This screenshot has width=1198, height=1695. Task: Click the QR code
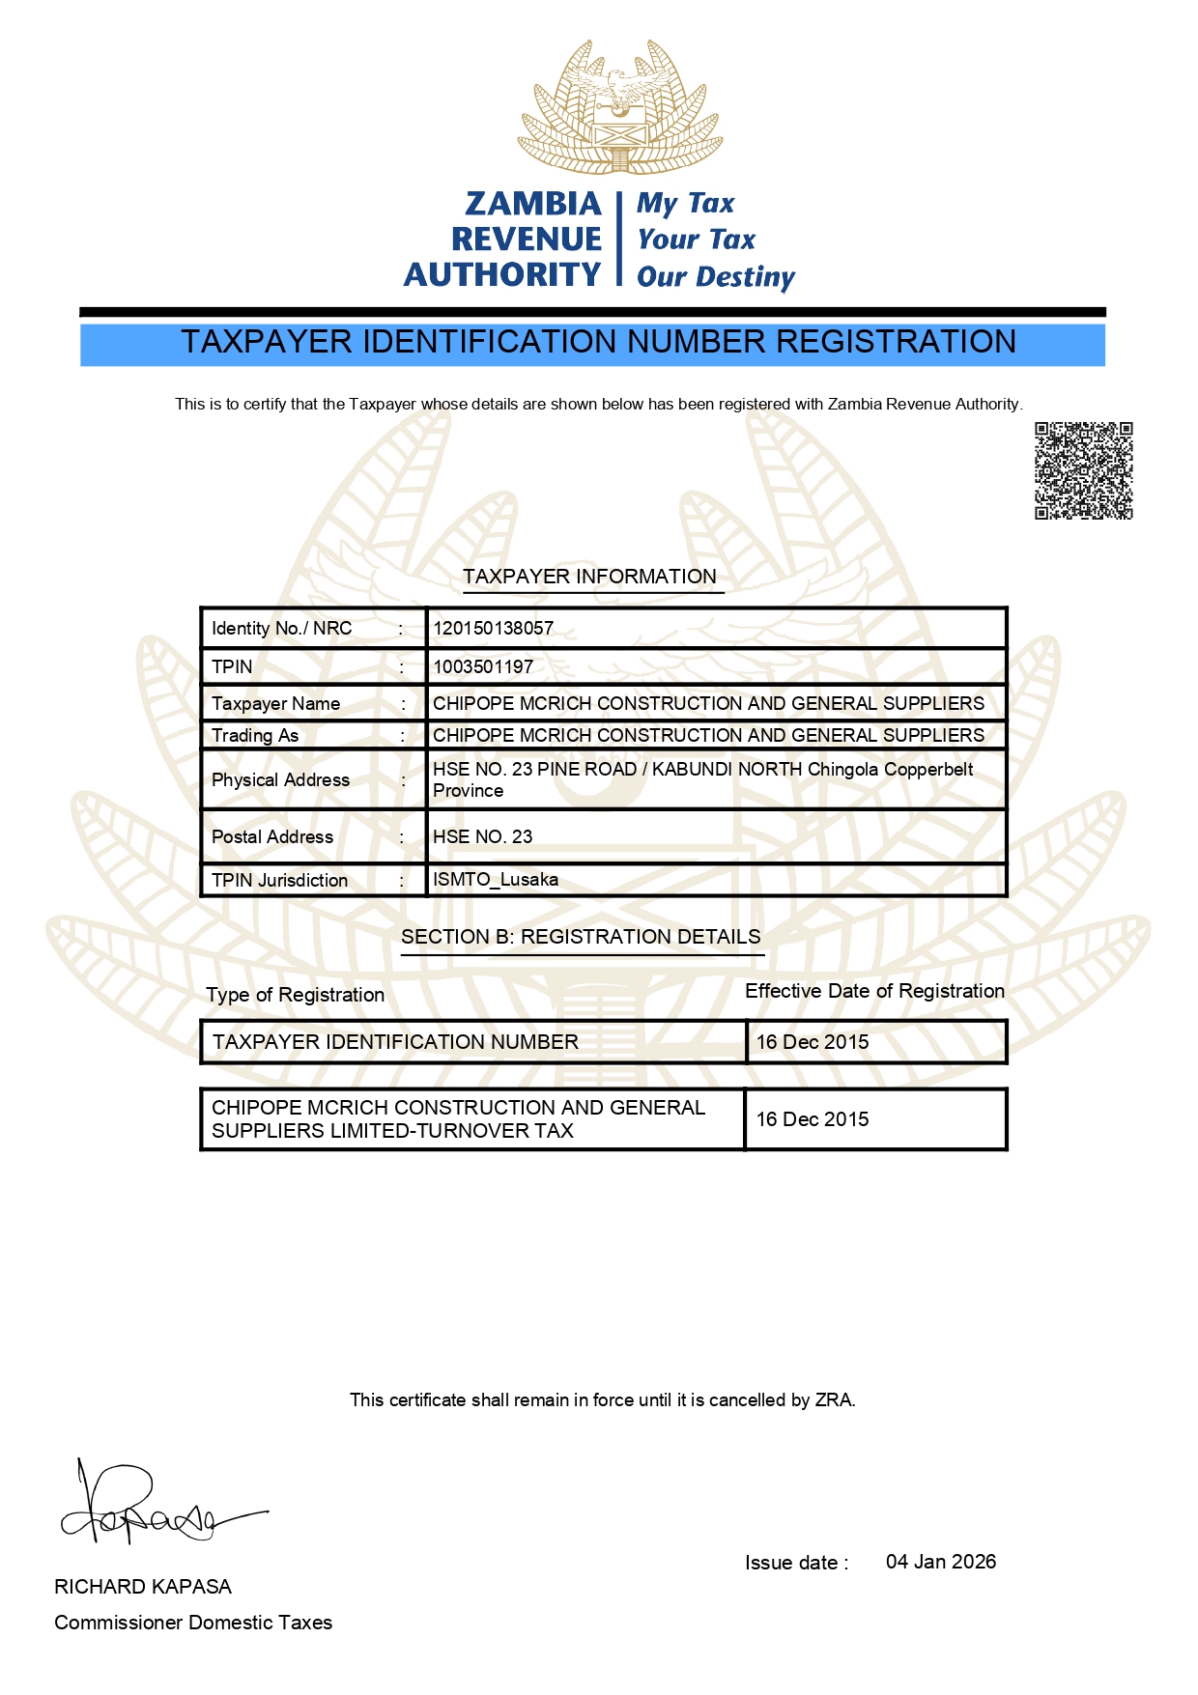click(1083, 470)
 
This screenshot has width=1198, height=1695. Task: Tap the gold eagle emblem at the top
click(619, 107)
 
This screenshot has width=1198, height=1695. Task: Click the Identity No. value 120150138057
click(493, 629)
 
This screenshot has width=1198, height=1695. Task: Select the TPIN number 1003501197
click(483, 667)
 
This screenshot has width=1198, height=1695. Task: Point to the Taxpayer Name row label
click(275, 704)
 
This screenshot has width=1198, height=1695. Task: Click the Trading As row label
click(255, 736)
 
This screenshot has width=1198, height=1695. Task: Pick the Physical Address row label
click(280, 780)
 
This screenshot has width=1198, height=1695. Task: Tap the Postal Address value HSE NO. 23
click(482, 837)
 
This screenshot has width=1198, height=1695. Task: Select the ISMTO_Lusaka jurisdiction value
click(495, 880)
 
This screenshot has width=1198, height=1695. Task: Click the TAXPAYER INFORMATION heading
click(589, 578)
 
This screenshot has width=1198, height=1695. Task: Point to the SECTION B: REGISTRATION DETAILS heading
click(581, 938)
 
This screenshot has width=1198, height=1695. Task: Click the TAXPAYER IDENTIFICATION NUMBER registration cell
click(395, 1042)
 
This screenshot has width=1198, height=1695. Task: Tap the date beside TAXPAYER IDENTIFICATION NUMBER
click(813, 1042)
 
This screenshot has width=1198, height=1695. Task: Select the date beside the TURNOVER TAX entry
click(813, 1119)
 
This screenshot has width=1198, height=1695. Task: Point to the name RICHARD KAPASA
click(143, 1587)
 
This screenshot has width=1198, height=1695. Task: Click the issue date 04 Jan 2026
click(940, 1562)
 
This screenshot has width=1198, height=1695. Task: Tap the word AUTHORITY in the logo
click(502, 275)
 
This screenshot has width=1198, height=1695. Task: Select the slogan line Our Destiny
click(715, 277)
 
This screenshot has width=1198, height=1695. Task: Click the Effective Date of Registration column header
click(874, 992)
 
